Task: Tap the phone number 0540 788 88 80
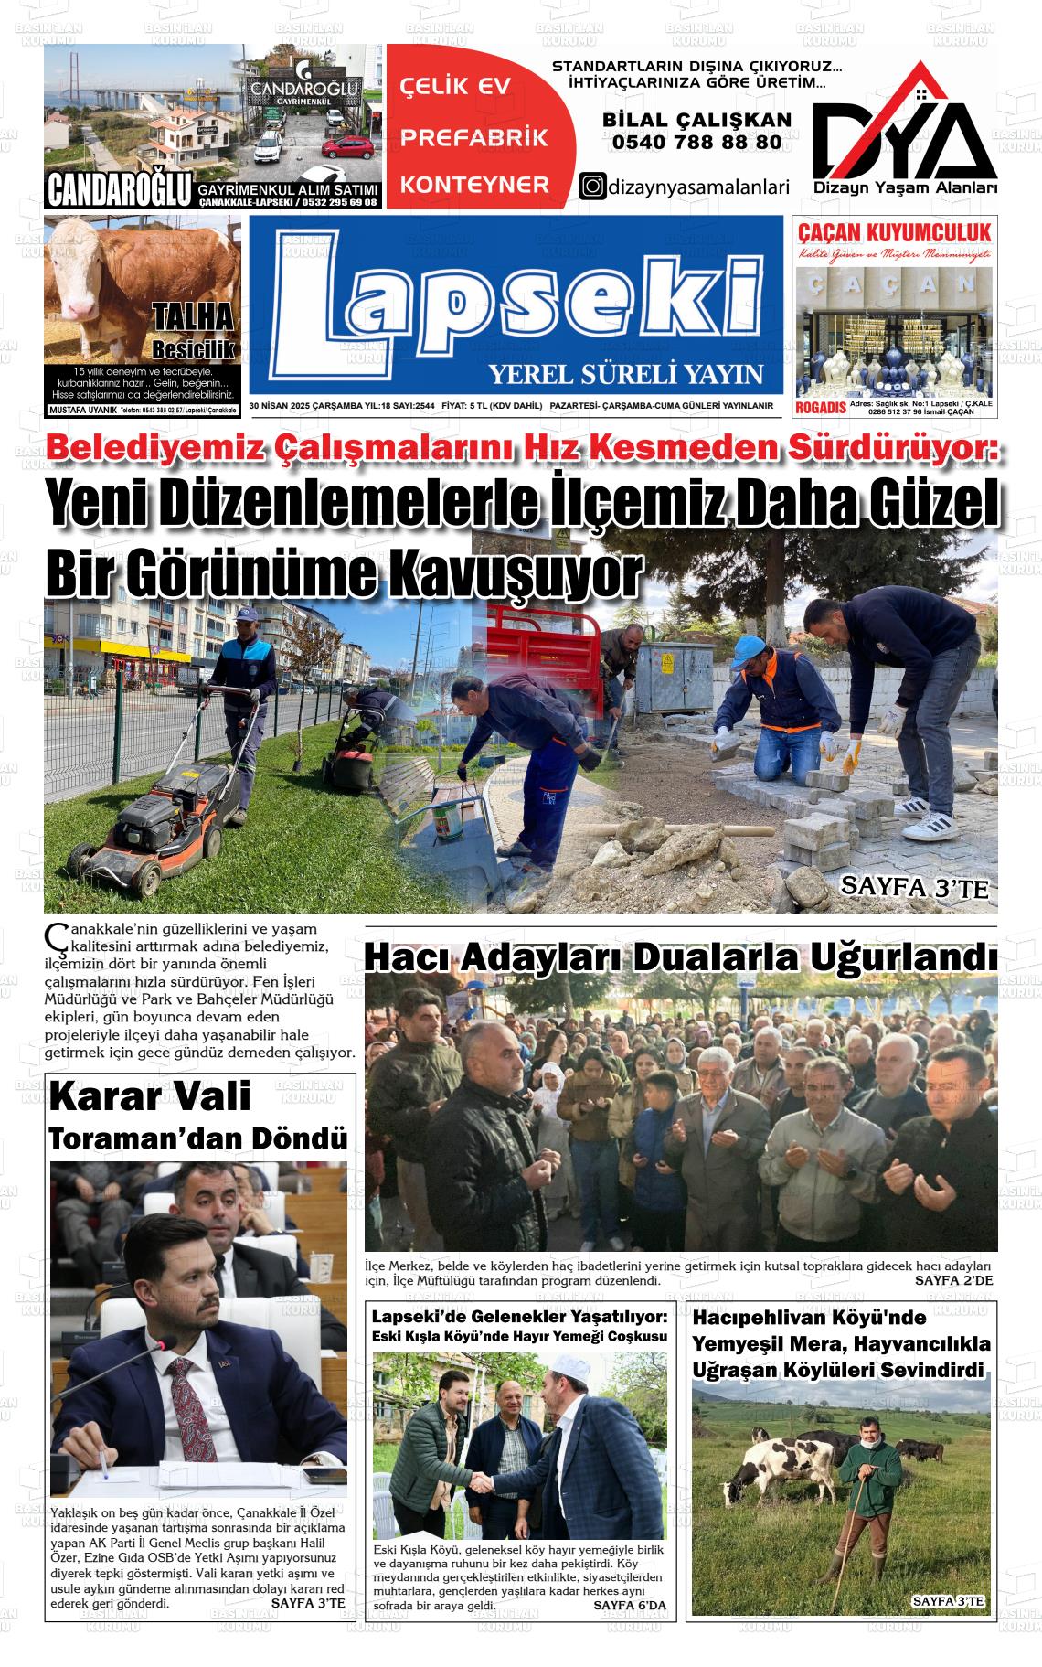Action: pyautogui.click(x=696, y=142)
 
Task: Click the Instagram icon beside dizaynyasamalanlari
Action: pyautogui.click(x=593, y=186)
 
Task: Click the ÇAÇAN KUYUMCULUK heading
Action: pyautogui.click(x=894, y=231)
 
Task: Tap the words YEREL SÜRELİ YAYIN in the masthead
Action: pyautogui.click(x=625, y=374)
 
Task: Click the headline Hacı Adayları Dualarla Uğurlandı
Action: pyautogui.click(x=680, y=958)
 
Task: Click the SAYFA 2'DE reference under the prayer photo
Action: pyautogui.click(x=952, y=1281)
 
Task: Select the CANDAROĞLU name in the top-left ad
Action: pyautogui.click(x=119, y=190)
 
